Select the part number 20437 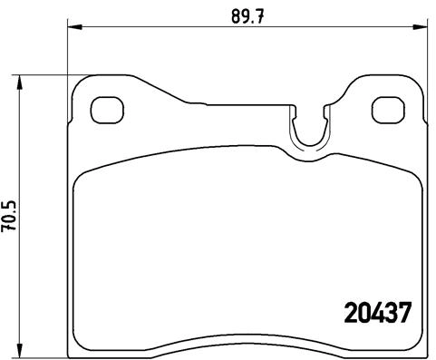(379, 314)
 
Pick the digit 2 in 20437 (351, 314)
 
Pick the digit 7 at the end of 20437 (407, 314)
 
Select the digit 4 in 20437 (379, 314)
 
